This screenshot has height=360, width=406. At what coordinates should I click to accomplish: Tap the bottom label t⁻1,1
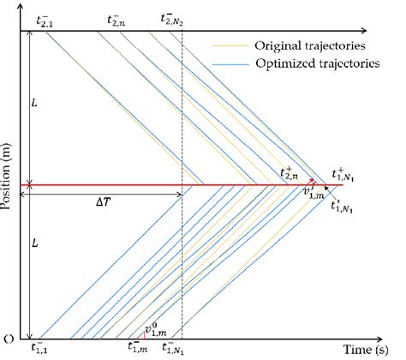[x=40, y=349]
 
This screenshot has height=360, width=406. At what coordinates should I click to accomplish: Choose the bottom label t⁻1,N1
[x=175, y=349]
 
